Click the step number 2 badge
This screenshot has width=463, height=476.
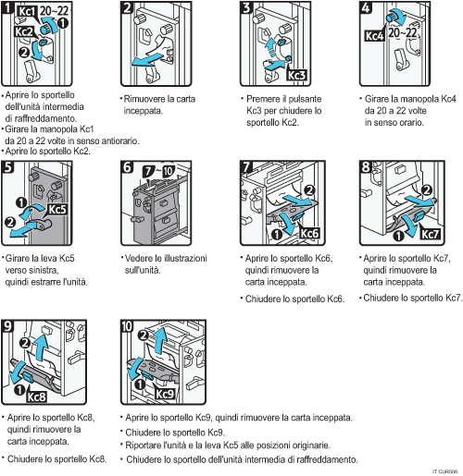(x=129, y=8)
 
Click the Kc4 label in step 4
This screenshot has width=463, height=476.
(x=375, y=37)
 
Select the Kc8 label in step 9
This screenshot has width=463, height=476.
(x=35, y=397)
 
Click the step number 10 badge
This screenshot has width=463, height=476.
(x=129, y=326)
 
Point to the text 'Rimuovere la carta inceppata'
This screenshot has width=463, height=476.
(x=157, y=104)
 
